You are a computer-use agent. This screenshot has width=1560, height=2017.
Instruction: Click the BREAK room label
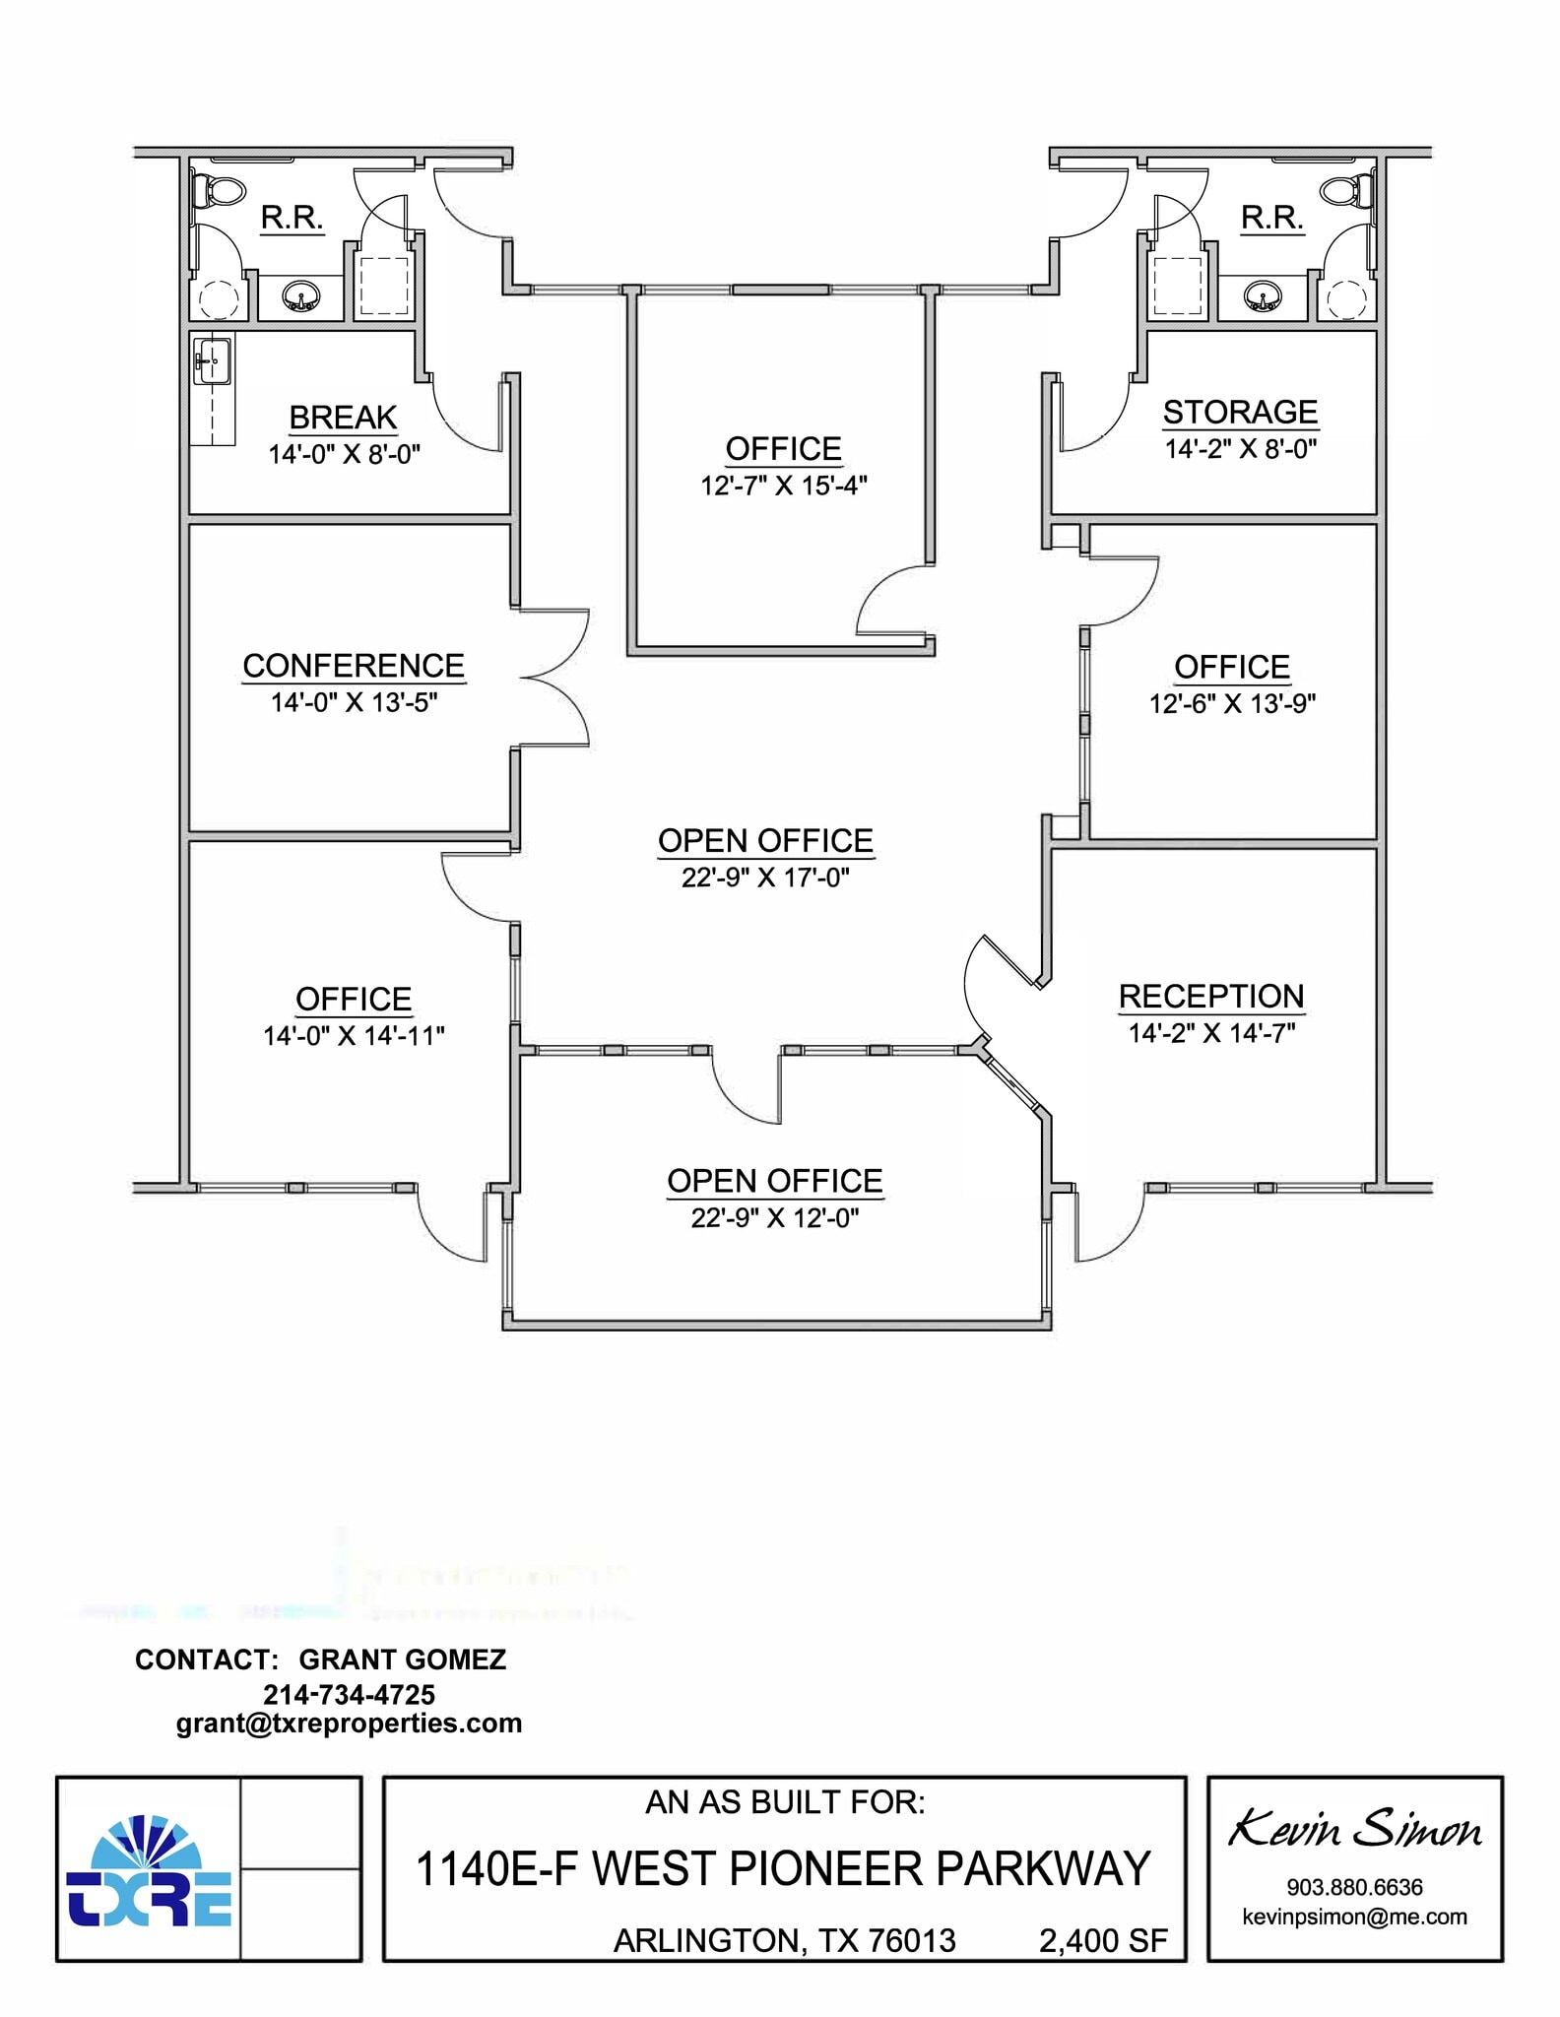coord(343,418)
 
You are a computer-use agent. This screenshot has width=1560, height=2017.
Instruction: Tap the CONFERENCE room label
coord(354,666)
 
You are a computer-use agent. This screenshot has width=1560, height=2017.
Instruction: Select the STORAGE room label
coord(1240,412)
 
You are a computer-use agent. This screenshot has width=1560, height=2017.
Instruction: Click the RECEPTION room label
coord(1211,996)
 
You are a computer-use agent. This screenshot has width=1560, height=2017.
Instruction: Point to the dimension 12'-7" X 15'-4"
coord(784,486)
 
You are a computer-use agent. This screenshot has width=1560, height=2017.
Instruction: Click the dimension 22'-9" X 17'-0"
coord(765,877)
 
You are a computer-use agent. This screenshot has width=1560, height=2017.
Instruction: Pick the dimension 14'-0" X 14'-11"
coord(354,1036)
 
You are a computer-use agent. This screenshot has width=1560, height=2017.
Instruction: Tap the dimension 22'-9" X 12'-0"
coord(775,1218)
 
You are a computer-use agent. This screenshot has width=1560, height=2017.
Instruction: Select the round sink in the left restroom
coord(299,295)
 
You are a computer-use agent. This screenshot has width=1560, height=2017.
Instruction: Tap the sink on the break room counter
coord(213,361)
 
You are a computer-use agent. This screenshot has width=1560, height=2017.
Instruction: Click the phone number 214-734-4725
coord(349,1695)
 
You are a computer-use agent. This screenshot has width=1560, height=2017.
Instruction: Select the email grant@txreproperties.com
coord(349,1724)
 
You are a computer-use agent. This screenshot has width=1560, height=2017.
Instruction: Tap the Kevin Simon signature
coord(1354,1830)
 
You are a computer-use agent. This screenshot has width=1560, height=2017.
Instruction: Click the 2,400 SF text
coord(1103,1940)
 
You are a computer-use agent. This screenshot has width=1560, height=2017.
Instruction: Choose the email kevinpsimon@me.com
coord(1354,1917)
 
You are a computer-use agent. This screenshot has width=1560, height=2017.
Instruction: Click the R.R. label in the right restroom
coord(1271,218)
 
